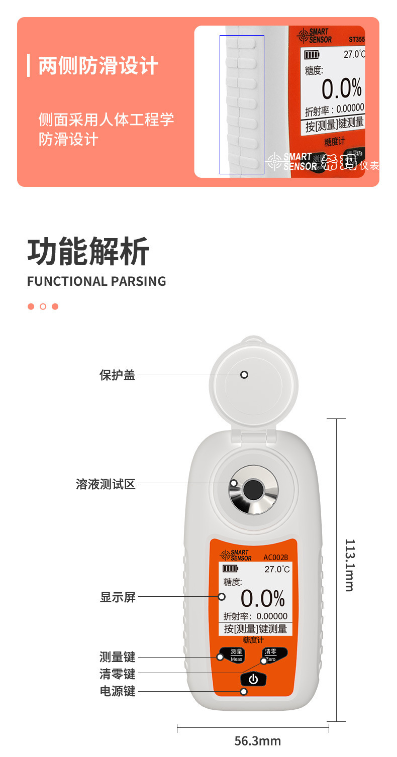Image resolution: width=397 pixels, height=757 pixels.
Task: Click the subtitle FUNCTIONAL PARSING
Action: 96,281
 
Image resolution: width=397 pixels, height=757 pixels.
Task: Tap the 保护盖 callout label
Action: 118,375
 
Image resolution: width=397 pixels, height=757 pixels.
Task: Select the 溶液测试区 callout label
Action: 106,484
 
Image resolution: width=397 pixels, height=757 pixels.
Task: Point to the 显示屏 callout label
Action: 118,597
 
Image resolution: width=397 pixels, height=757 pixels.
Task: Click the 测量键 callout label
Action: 118,657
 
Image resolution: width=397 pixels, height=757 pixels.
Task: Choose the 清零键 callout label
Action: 118,674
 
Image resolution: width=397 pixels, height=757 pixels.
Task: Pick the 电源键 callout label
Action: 118,691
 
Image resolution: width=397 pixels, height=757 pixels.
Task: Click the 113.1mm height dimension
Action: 350,565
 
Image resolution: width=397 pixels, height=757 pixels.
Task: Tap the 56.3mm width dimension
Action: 257,741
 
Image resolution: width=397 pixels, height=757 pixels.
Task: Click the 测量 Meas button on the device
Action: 236,655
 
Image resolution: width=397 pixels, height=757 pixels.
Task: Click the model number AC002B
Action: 275,557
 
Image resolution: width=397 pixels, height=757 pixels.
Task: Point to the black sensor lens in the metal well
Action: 253,489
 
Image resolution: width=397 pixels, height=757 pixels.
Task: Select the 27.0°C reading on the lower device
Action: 277,569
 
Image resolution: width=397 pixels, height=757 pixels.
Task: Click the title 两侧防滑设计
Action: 98,66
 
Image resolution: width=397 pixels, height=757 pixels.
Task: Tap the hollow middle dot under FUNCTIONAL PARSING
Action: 43,306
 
